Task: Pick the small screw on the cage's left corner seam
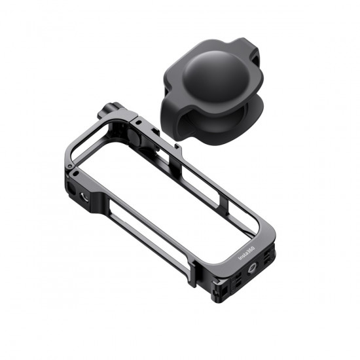(77, 173)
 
